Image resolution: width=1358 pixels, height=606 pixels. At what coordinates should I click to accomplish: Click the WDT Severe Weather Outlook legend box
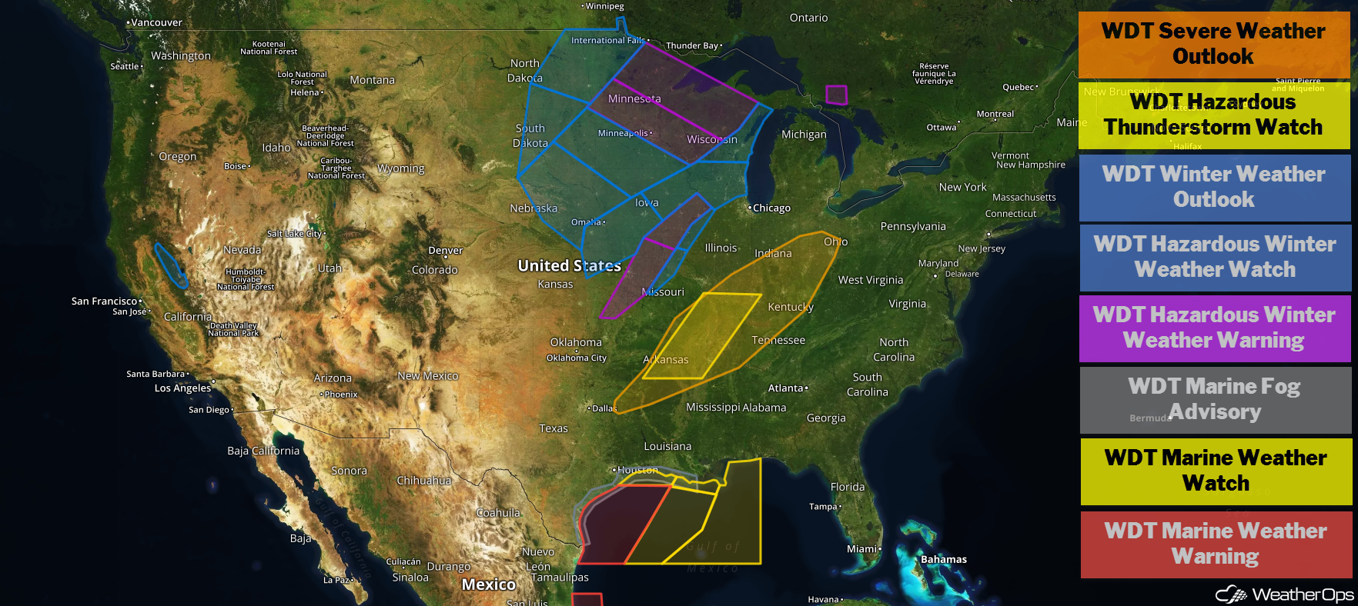pyautogui.click(x=1213, y=44)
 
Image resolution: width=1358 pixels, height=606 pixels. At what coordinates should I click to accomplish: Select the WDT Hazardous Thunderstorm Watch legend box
pyautogui.click(x=1213, y=115)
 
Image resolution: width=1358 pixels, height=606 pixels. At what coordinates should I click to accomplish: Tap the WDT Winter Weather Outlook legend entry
pyautogui.click(x=1213, y=187)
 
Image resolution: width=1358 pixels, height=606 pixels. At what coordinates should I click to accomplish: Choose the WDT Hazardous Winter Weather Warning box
pyautogui.click(x=1213, y=328)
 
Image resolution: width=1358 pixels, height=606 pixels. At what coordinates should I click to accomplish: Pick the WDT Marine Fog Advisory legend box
pyautogui.click(x=1213, y=399)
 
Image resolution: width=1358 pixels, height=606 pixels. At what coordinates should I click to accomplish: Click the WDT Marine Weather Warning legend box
pyautogui.click(x=1215, y=544)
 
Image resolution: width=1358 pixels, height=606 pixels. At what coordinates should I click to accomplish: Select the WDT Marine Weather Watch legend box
pyautogui.click(x=1215, y=471)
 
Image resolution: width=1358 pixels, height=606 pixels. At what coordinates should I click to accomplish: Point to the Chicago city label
pyautogui.click(x=771, y=208)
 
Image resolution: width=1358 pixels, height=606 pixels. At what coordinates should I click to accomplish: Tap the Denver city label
pyautogui.click(x=446, y=251)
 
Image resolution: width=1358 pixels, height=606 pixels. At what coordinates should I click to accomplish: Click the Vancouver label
pyautogui.click(x=156, y=23)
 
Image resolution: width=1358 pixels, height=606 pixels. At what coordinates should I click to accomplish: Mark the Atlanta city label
pyautogui.click(x=786, y=388)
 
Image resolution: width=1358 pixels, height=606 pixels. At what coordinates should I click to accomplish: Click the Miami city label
pyautogui.click(x=862, y=549)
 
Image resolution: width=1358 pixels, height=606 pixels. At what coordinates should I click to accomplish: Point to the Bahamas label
pyautogui.click(x=943, y=559)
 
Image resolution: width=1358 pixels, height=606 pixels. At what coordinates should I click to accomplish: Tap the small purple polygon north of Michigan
pyautogui.click(x=836, y=95)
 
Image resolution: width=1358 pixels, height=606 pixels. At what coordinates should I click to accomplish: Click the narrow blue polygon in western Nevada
pyautogui.click(x=170, y=265)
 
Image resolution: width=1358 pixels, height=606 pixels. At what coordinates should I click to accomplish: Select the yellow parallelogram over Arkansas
pyautogui.click(x=701, y=336)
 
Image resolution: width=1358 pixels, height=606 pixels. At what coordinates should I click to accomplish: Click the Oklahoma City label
pyautogui.click(x=577, y=358)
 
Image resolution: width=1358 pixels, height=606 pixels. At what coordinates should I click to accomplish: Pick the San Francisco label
pyautogui.click(x=104, y=301)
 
